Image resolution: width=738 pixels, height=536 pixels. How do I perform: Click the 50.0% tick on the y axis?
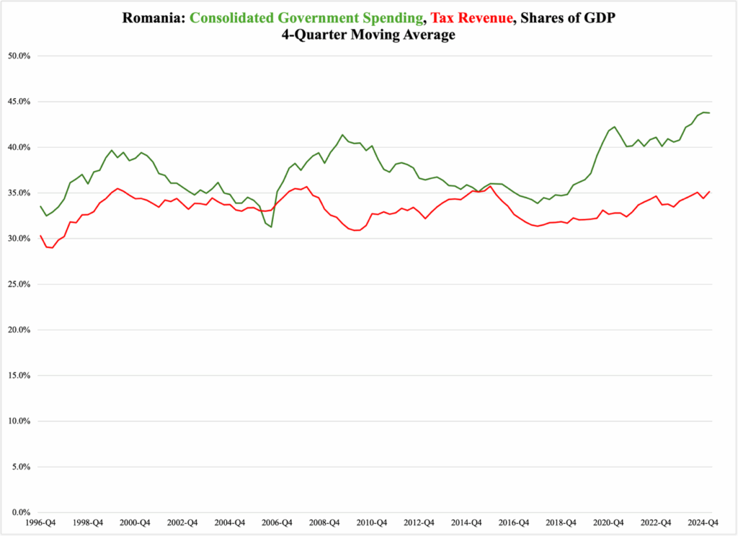(22, 56)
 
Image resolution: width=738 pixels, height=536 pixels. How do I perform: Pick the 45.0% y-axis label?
(22, 102)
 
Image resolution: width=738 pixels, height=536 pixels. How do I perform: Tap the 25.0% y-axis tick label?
(22, 284)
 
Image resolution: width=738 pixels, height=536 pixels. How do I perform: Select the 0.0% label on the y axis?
(24, 512)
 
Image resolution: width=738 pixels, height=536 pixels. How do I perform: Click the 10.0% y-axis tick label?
(22, 421)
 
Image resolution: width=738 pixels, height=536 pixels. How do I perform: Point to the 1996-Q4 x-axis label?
(40, 522)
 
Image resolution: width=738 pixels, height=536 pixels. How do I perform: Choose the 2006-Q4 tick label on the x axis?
(277, 522)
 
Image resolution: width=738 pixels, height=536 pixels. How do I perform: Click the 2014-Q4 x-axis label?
(466, 522)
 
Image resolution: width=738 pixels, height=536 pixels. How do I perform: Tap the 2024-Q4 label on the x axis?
(703, 522)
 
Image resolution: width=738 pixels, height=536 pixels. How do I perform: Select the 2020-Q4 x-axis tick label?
(608, 522)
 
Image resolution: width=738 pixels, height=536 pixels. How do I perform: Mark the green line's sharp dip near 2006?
(271, 227)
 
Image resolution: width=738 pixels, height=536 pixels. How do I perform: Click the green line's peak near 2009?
(342, 135)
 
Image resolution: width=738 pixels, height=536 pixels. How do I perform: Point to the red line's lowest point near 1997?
(52, 248)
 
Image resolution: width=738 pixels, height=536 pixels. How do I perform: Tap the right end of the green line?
(710, 113)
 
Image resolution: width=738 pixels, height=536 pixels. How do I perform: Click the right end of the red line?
(710, 192)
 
